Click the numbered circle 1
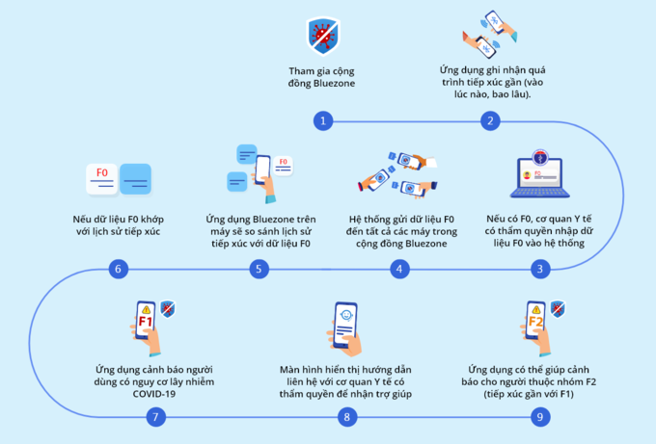(x=323, y=120)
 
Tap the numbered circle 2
(x=491, y=120)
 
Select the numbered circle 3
(x=540, y=269)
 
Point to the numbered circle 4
(x=396, y=269)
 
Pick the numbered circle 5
(x=258, y=269)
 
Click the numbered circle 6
(x=119, y=269)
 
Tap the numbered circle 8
(x=345, y=417)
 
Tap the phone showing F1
(x=146, y=323)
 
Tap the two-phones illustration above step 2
(x=489, y=38)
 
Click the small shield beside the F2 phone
(x=557, y=309)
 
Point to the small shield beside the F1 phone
(x=167, y=308)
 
